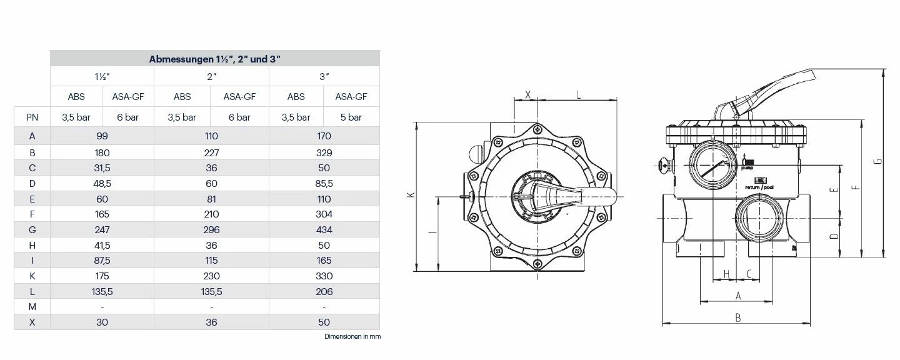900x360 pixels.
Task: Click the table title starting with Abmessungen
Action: pyautogui.click(x=214, y=59)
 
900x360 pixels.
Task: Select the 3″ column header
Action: pyautogui.click(x=324, y=76)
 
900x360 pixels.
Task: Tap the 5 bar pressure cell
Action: pyautogui.click(x=351, y=117)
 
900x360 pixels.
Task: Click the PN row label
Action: pyautogui.click(x=32, y=117)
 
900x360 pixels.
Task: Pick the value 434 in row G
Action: pyautogui.click(x=324, y=229)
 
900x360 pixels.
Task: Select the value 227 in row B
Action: pyautogui.click(x=211, y=152)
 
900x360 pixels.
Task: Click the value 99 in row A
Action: pyautogui.click(x=102, y=136)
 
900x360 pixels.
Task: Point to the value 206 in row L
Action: pyautogui.click(x=324, y=291)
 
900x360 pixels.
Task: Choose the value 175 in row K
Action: pyautogui.click(x=102, y=276)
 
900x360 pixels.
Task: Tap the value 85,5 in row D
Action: pyautogui.click(x=324, y=183)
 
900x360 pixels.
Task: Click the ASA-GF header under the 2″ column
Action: pyautogui.click(x=239, y=97)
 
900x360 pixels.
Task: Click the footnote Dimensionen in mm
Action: pyautogui.click(x=352, y=336)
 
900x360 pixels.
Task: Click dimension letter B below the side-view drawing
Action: pyautogui.click(x=737, y=317)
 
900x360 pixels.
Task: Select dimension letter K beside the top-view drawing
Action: pyautogui.click(x=411, y=195)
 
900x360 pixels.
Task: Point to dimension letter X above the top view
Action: pyautogui.click(x=527, y=94)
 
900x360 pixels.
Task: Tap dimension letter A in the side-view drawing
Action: pyautogui.click(x=737, y=296)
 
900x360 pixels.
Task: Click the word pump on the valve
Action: pyautogui.click(x=747, y=167)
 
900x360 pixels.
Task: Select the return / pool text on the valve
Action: pyautogui.click(x=758, y=186)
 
